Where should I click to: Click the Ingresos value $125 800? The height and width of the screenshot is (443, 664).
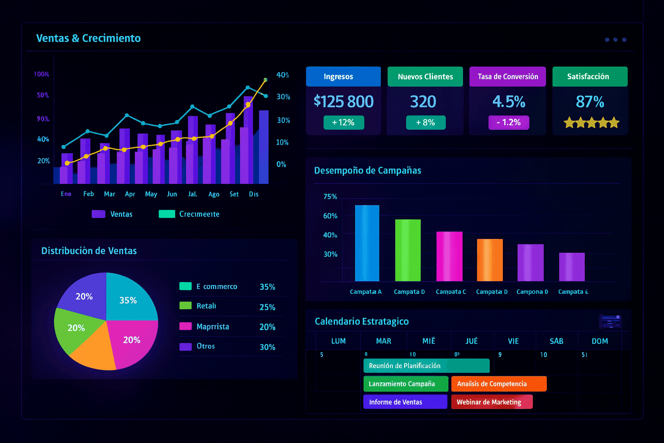point(343,102)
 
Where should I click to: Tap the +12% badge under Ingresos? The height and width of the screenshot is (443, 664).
point(343,122)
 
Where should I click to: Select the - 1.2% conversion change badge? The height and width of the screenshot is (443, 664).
point(508,122)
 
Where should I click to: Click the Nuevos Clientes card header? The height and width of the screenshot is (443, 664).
point(425,77)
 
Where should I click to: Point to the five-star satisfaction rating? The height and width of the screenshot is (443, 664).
point(591,123)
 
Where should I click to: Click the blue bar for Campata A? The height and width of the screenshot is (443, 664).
point(367,243)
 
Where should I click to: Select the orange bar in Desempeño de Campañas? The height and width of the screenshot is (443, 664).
point(489,260)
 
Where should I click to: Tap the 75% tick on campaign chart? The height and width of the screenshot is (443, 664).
point(330,197)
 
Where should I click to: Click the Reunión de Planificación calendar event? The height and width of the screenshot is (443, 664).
point(426,366)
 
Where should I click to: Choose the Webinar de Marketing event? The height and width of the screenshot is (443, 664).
point(492,402)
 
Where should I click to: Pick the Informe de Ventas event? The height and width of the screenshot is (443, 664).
point(405,402)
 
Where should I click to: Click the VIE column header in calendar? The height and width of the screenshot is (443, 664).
point(513,341)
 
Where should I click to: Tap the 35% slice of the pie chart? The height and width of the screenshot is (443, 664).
point(130,299)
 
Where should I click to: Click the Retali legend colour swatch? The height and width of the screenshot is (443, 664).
point(185,306)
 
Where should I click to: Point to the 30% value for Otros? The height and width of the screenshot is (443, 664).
point(267,347)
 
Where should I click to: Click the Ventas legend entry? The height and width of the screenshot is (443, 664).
point(112,214)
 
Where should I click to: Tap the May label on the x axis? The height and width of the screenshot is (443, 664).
point(151,194)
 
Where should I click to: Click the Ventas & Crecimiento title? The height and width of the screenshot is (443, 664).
point(88,38)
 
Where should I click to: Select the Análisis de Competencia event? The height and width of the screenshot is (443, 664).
point(498,384)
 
